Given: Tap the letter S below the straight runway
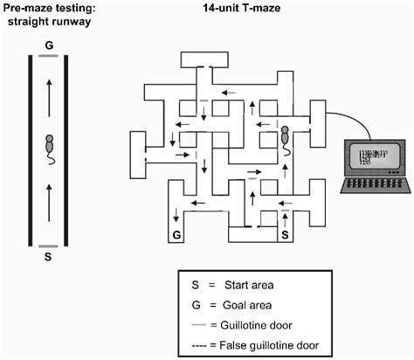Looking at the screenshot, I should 49,258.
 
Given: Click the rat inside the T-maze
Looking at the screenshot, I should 285,137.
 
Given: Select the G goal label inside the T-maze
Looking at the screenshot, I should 177,235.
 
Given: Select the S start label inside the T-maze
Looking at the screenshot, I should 282,235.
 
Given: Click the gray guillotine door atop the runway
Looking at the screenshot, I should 49,56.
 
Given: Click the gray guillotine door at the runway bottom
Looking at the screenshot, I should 49,246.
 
